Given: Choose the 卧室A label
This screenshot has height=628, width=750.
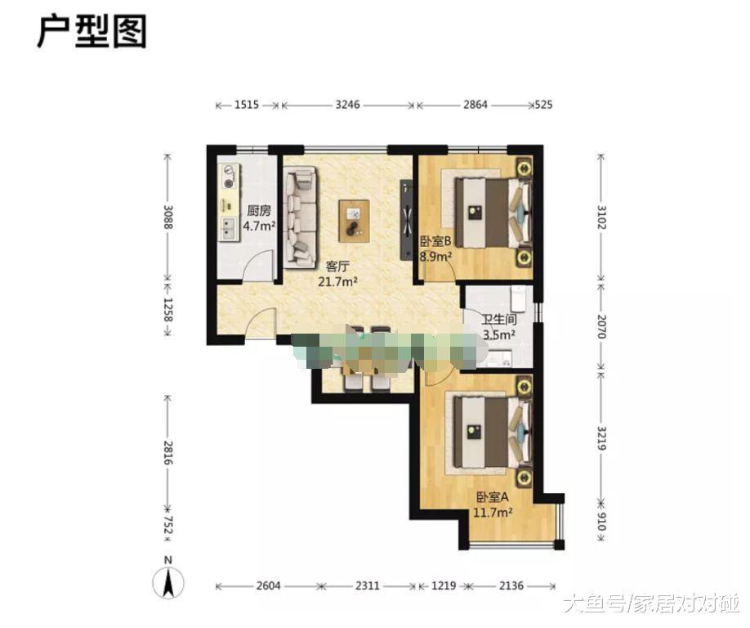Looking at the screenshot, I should pos(493,496).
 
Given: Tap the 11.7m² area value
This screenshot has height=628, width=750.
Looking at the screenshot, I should pos(493,513).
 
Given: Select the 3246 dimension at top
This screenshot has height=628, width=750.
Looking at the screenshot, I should pos(348,105).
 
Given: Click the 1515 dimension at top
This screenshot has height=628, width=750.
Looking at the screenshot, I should pos(246,105).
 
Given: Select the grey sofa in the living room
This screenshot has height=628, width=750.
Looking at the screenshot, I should pos(301,216).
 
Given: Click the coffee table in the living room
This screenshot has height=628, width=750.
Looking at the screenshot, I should pos(354,220).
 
